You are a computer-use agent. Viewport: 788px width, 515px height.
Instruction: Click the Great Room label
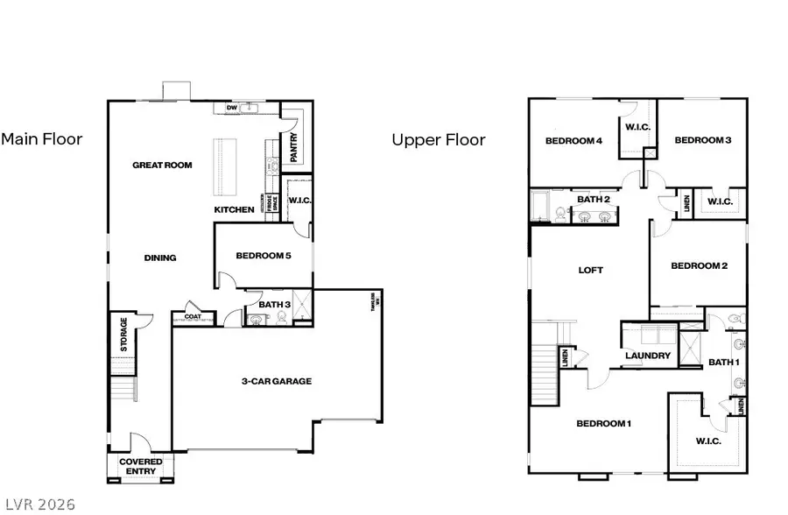tap(162, 165)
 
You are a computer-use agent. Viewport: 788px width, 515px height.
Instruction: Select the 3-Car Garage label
tap(277, 381)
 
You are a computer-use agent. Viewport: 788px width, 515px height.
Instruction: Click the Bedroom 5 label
tap(263, 256)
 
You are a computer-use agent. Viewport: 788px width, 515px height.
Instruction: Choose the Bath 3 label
tap(274, 305)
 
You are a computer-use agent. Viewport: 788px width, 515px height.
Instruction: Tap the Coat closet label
tap(192, 316)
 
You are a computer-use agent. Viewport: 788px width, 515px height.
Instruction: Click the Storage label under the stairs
tap(123, 335)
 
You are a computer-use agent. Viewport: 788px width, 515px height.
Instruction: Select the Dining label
tap(160, 257)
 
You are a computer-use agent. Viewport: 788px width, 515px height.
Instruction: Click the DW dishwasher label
tap(232, 109)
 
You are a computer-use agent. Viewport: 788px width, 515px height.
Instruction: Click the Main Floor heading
tap(41, 138)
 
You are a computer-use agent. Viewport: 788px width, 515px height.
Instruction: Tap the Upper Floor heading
tap(438, 139)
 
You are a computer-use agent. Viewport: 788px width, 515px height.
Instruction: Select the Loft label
tap(590, 270)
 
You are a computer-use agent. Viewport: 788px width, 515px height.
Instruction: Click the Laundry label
tap(648, 356)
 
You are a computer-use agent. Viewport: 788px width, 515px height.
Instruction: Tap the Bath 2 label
tap(594, 200)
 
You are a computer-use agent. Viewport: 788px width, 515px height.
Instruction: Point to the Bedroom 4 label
tap(573, 140)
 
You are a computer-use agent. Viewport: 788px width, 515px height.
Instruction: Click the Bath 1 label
tap(723, 362)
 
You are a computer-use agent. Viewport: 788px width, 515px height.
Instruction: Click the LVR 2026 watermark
tap(39, 504)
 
